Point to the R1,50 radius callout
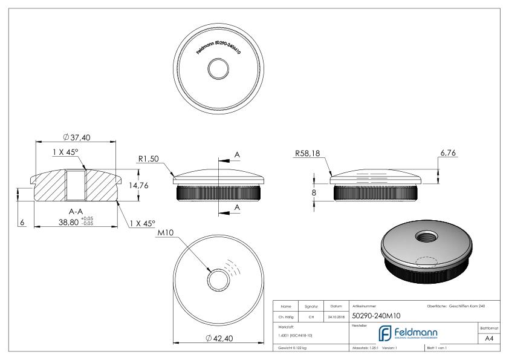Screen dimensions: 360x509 149,159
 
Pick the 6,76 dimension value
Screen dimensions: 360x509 448,154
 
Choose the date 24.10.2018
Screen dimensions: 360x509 336,316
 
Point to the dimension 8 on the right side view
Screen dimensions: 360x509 314,192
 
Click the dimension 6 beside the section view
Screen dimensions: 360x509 22,223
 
